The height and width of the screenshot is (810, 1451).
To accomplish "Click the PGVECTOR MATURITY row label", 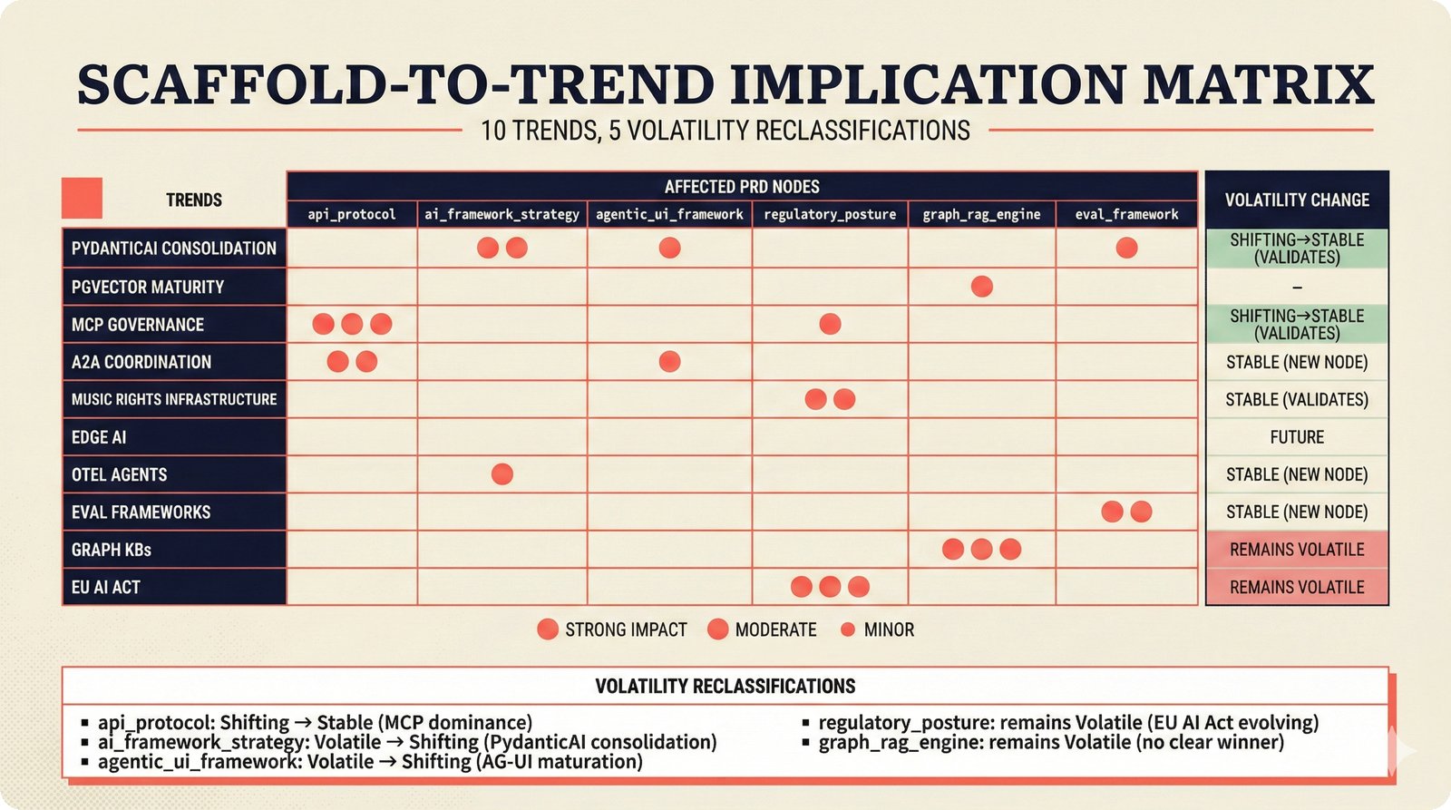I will click(x=148, y=287).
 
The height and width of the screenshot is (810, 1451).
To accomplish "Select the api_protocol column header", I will click(x=352, y=214).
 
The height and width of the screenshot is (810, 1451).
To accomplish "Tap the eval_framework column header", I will click(x=1126, y=214).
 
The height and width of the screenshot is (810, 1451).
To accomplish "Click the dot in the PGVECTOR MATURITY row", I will click(x=981, y=287).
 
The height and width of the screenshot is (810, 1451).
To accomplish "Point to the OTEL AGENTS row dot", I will click(x=502, y=473).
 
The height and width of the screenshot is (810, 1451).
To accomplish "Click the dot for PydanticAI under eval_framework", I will click(x=1126, y=248).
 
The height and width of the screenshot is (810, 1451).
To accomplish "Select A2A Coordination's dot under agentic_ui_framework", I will click(x=669, y=362).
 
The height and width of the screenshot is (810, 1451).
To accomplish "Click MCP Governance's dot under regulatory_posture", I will click(x=830, y=324).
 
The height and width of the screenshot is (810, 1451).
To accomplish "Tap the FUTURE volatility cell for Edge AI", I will click(x=1297, y=437).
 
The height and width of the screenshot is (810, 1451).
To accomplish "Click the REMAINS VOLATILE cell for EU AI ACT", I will click(x=1297, y=587).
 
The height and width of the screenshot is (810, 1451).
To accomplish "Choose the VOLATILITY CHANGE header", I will click(x=1297, y=200).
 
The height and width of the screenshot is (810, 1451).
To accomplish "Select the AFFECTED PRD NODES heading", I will click(x=742, y=187).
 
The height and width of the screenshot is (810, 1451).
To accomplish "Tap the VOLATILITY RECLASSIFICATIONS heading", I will click(x=725, y=686).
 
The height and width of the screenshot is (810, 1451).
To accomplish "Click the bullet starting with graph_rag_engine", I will click(x=1051, y=742).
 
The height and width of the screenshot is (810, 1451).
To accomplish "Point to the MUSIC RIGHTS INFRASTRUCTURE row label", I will click(x=174, y=399).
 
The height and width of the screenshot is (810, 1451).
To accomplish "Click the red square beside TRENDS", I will click(x=82, y=199).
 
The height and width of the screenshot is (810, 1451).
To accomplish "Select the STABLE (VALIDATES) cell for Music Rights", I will click(x=1297, y=399).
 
